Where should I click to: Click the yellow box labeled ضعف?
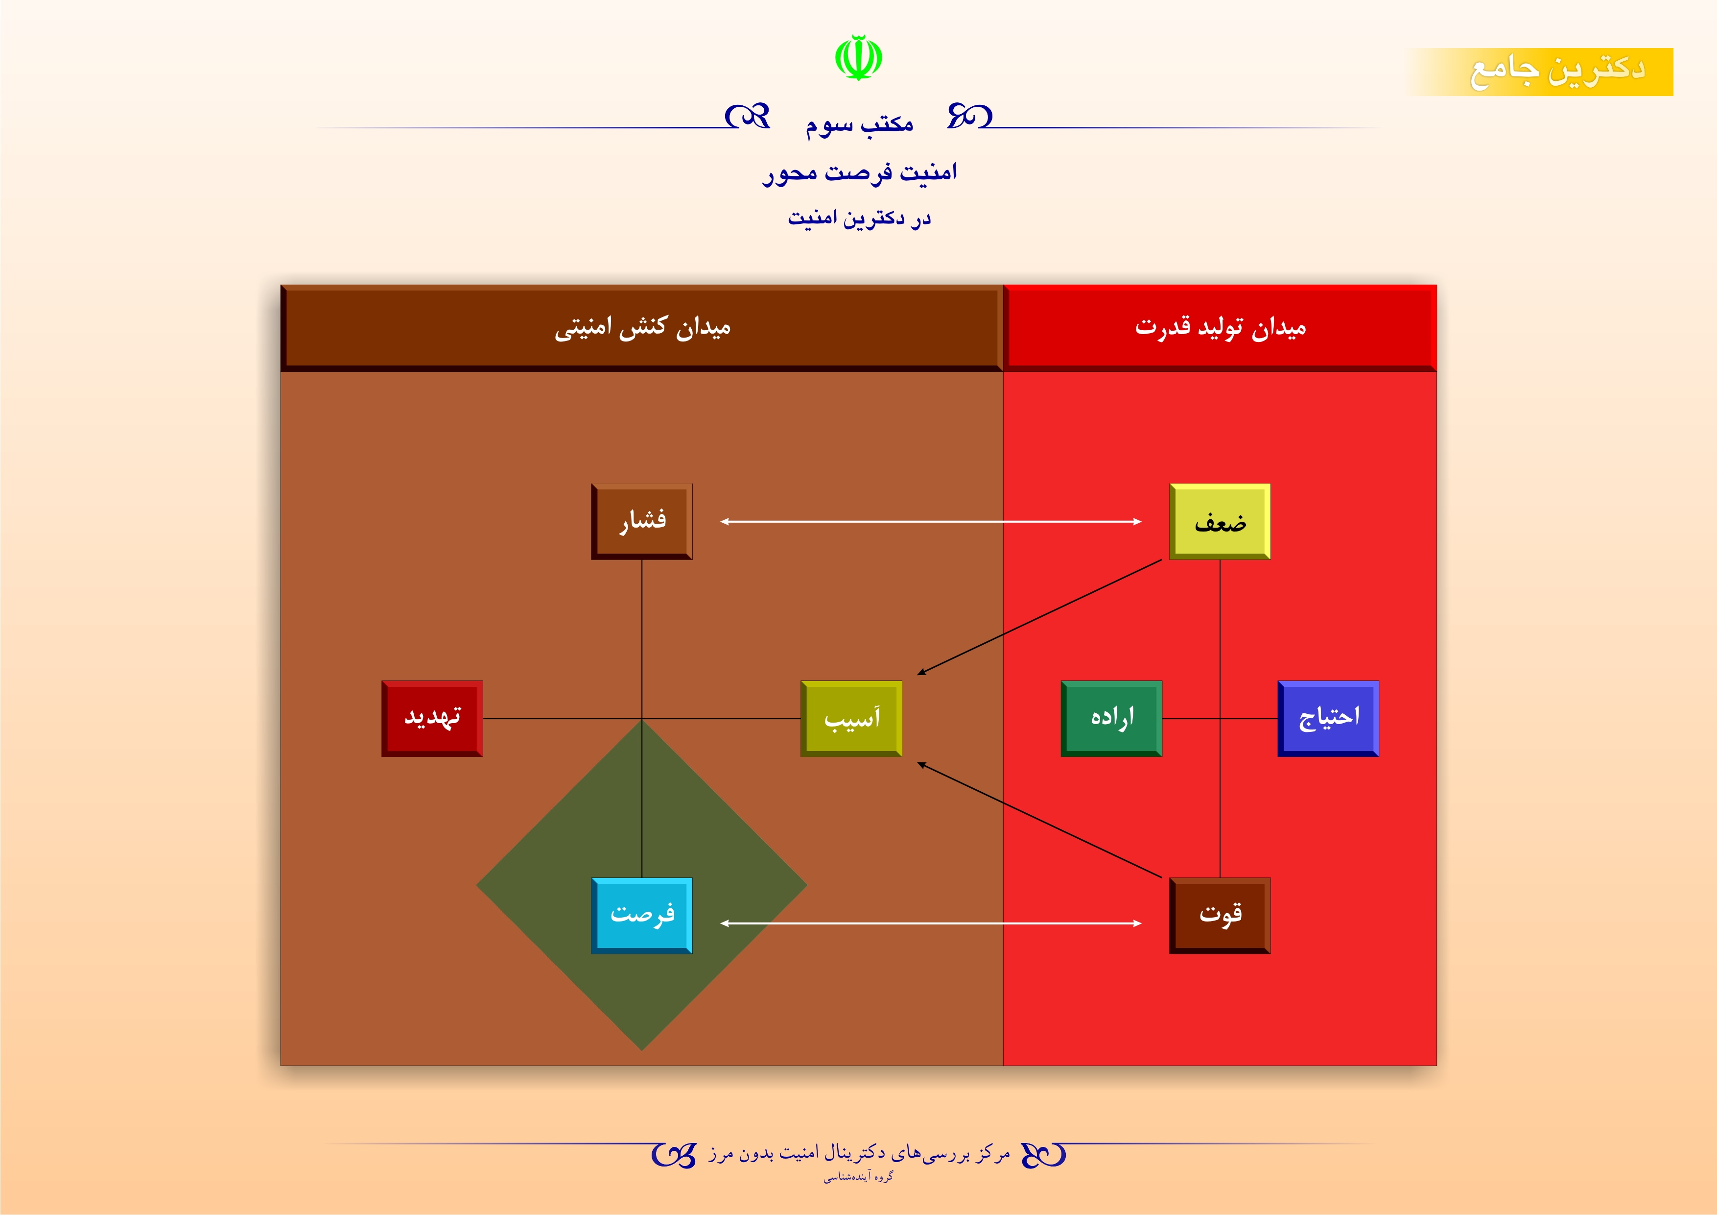tap(1220, 521)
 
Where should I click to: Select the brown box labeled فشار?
tap(642, 521)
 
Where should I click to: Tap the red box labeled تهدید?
tap(432, 718)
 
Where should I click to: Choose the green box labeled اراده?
tap(1111, 718)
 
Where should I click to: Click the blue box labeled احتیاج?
tap(1328, 718)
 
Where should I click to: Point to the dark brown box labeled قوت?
tap(1220, 916)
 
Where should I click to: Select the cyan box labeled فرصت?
tap(642, 916)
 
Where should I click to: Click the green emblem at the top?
tap(859, 57)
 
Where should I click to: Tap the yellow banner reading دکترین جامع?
tap(1541, 72)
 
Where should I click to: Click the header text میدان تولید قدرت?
tap(1221, 328)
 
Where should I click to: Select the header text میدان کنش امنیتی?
tap(642, 328)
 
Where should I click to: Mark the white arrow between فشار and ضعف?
tap(931, 521)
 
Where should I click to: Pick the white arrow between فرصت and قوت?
tap(931, 923)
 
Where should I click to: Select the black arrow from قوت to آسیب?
tap(1039, 820)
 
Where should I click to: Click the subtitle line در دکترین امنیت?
tap(859, 219)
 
